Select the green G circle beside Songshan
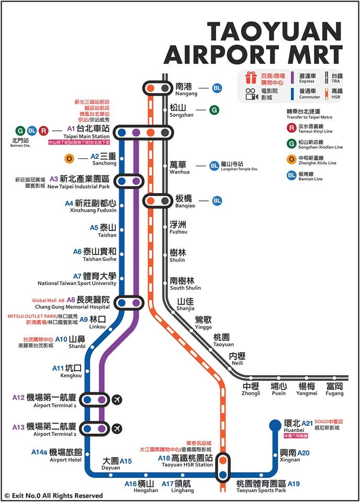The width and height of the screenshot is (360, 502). [214, 110]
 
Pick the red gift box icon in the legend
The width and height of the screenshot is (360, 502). [250, 78]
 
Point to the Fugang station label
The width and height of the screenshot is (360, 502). [334, 389]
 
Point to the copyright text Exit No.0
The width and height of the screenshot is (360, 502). [52, 495]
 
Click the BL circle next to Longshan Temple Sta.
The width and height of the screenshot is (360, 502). [214, 166]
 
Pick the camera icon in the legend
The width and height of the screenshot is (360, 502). [250, 94]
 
